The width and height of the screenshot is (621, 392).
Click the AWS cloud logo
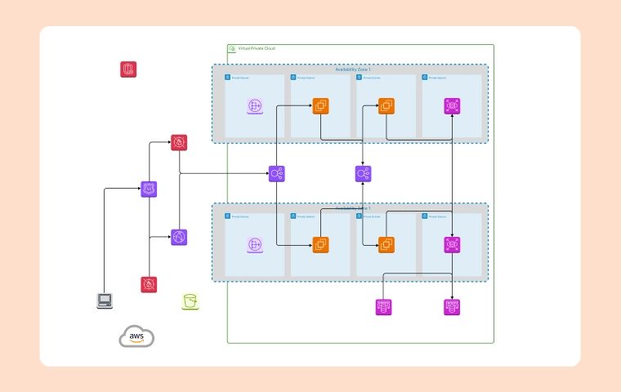tap(136, 336)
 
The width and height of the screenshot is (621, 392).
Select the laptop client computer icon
tap(105, 301)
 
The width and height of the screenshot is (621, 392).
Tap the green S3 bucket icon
tap(190, 301)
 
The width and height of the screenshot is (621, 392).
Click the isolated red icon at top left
tap(128, 69)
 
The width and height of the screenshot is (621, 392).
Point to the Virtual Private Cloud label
tap(256, 49)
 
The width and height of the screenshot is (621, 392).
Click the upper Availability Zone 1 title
tap(352, 70)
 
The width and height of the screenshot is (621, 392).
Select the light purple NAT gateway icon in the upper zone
tap(255, 106)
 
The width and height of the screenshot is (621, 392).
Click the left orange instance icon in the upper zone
tap(320, 106)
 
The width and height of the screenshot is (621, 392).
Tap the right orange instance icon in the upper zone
tap(386, 106)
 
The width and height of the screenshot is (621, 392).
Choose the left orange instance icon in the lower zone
tap(320, 244)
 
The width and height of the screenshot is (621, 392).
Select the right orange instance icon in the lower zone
tap(386, 244)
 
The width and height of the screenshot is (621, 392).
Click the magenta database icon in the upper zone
tap(452, 106)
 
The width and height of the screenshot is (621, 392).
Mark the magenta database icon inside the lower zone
tap(452, 244)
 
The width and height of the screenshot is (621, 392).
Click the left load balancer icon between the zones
tap(277, 173)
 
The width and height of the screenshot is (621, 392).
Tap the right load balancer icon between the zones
tap(364, 173)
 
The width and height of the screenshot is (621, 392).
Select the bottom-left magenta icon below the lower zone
tap(383, 307)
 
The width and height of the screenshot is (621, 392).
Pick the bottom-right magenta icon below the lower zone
tap(452, 307)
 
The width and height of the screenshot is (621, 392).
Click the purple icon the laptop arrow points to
tap(149, 189)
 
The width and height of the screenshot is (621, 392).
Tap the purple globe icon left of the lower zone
tap(179, 237)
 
